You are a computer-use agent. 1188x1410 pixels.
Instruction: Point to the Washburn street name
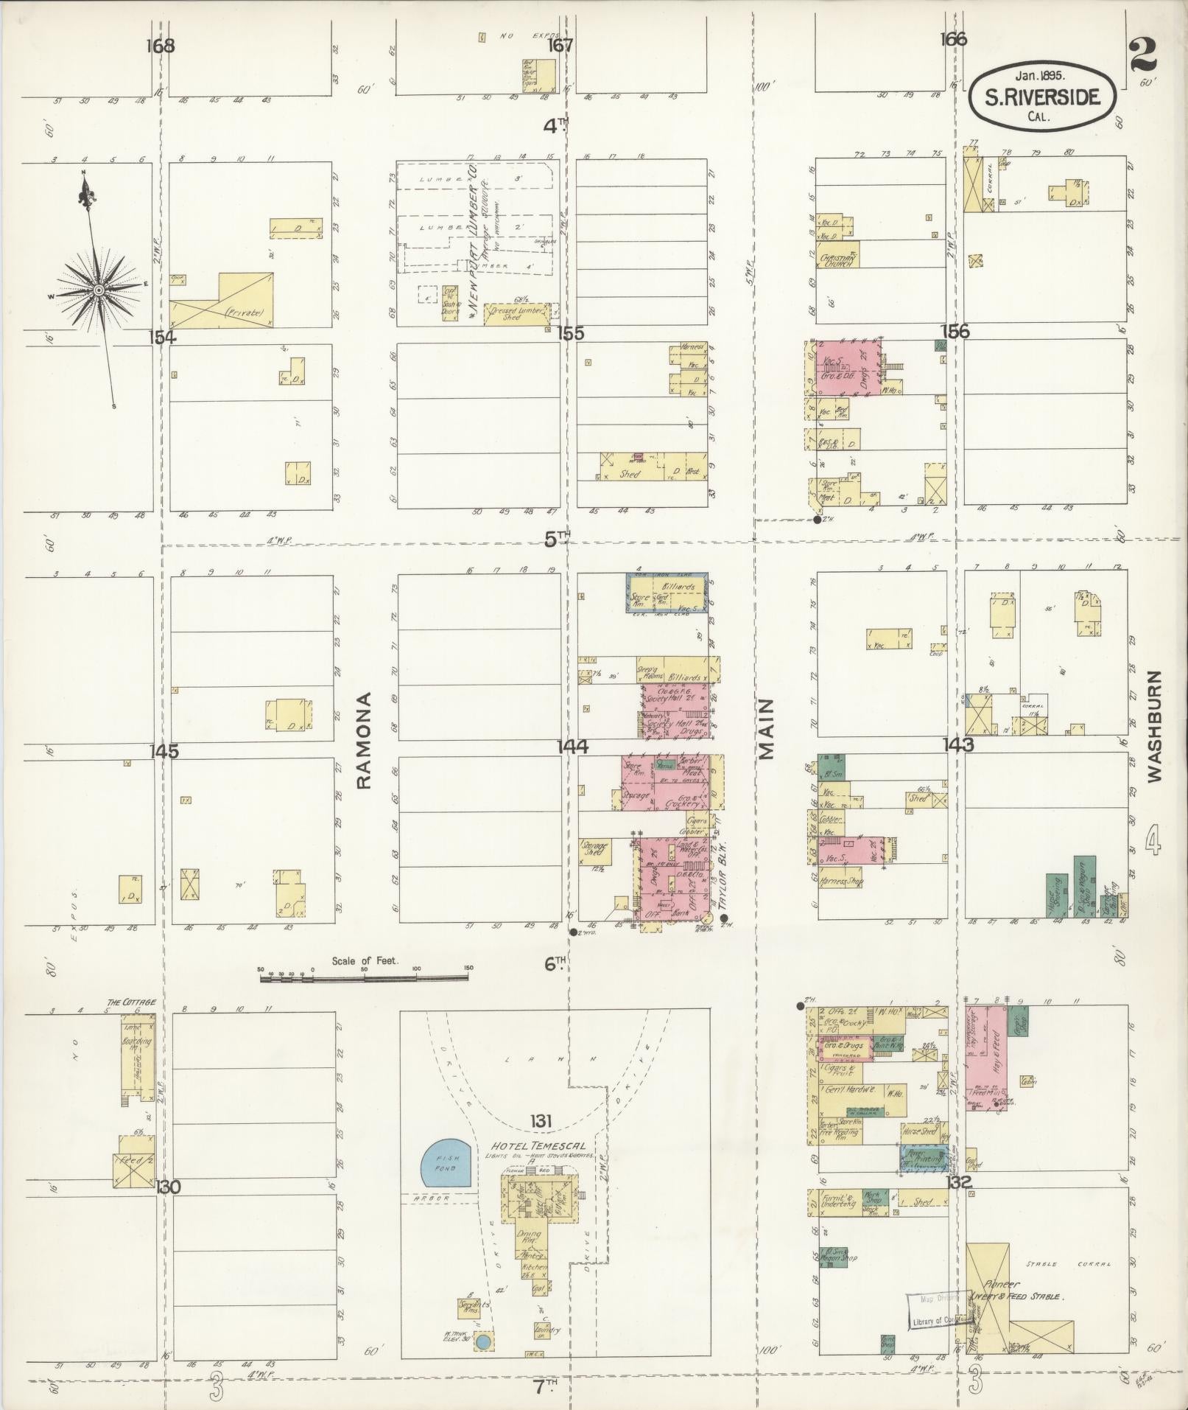1153,726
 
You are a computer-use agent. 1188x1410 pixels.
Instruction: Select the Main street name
767,729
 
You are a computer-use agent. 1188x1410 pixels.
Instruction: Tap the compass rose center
96,290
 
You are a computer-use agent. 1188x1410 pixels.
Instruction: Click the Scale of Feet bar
364,977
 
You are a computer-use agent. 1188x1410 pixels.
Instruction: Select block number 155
571,333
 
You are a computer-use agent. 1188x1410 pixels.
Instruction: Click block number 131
540,1122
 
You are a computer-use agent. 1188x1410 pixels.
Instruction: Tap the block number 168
160,46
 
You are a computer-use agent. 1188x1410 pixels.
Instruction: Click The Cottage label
131,1002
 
